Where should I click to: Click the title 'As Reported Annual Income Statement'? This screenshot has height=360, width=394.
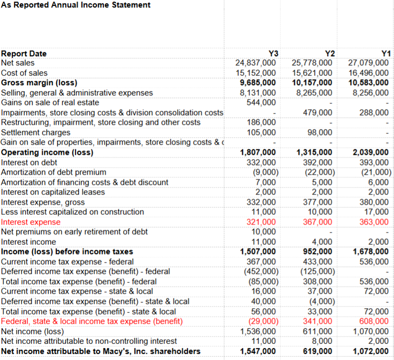76,5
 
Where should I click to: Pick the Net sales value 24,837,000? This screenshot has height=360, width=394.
256,63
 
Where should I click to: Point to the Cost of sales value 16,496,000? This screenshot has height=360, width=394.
369,73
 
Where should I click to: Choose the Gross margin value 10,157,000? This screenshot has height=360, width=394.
312,82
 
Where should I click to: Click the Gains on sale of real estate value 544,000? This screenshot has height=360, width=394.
261,102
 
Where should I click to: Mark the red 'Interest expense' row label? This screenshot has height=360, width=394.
31,222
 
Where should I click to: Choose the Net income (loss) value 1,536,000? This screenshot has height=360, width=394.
259,332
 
